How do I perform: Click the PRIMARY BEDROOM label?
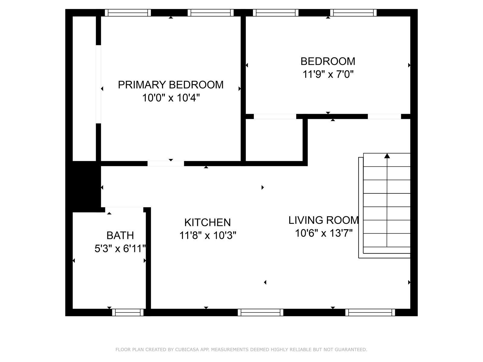point(171,85)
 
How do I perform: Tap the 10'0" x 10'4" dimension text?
point(171,98)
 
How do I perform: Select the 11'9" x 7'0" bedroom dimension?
point(328,74)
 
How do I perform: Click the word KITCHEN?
point(207,223)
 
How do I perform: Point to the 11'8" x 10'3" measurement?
point(208,235)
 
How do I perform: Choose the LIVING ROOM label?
point(324,220)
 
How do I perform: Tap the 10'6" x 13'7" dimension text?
point(324,233)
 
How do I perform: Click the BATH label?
point(120,235)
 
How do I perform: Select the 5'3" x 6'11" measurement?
point(120,249)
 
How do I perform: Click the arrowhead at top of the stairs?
point(387,156)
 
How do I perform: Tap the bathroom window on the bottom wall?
point(128,312)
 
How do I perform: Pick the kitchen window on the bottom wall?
point(260,312)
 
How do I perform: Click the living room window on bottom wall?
point(370,312)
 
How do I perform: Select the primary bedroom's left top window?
point(128,13)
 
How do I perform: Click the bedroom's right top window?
point(353,13)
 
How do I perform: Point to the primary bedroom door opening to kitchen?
point(166,164)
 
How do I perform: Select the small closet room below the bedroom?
point(274,140)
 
